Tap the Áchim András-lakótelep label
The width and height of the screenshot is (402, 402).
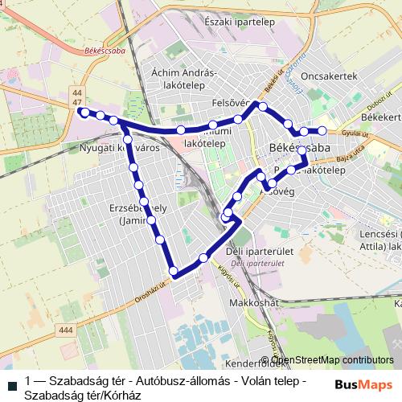click(184, 77)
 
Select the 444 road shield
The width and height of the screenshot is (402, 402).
click(66, 330)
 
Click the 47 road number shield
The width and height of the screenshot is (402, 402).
click(77, 104)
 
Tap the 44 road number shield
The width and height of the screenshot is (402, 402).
click(77, 94)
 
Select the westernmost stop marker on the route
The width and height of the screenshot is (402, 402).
click(84, 113)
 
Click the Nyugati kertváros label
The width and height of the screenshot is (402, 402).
click(121, 149)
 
